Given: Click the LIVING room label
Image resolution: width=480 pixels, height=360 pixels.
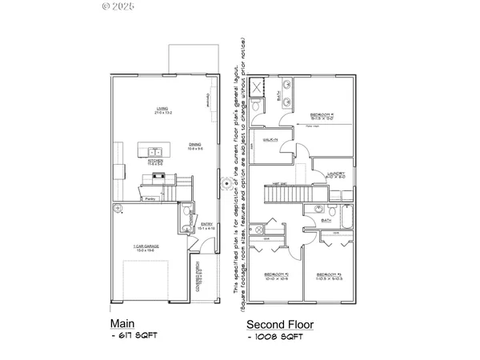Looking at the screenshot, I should tap(163, 110).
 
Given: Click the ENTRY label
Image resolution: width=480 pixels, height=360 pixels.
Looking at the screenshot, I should tap(206, 226).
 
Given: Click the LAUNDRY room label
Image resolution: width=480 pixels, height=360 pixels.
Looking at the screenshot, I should tap(335, 174).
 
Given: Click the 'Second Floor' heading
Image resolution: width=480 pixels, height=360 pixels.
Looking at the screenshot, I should tap(279, 325).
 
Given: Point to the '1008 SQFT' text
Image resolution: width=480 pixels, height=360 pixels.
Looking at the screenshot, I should tap(277, 340).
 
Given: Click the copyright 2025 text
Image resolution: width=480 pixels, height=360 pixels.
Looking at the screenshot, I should tap(118, 6).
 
